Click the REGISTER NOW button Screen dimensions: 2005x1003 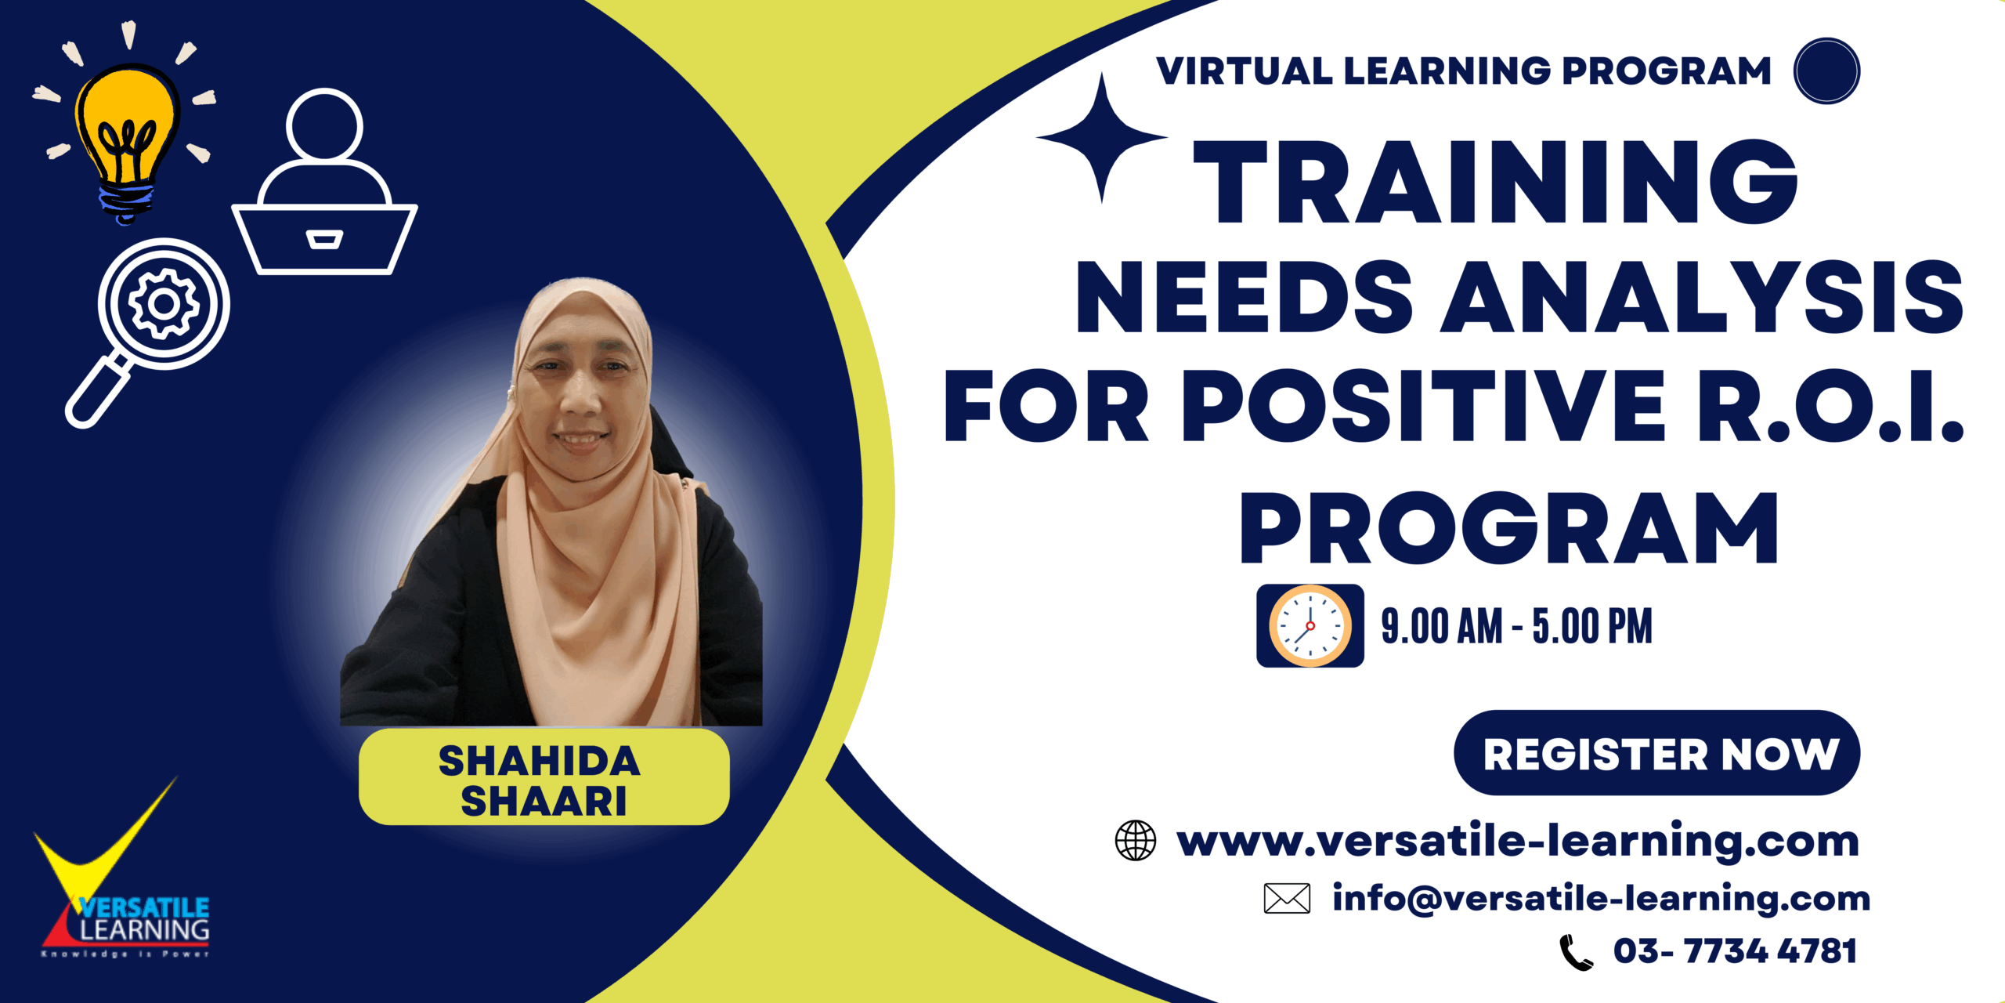point(1656,753)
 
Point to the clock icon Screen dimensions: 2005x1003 point(1310,625)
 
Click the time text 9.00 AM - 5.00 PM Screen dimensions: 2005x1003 point(1516,626)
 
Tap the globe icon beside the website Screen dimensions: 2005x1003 point(1135,840)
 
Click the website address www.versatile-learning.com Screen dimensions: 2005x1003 point(1518,841)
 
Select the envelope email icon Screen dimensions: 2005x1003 point(1287,898)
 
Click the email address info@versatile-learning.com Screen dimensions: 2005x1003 point(1601,898)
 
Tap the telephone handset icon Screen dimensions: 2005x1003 point(1575,952)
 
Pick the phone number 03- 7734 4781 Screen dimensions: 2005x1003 point(1735,950)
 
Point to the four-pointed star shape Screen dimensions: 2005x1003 point(1102,137)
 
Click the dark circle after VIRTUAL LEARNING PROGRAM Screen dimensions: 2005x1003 point(1826,71)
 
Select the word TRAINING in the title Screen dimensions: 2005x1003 point(1494,182)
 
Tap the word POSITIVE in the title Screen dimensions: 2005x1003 point(1423,406)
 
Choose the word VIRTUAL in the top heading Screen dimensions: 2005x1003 point(1244,71)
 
